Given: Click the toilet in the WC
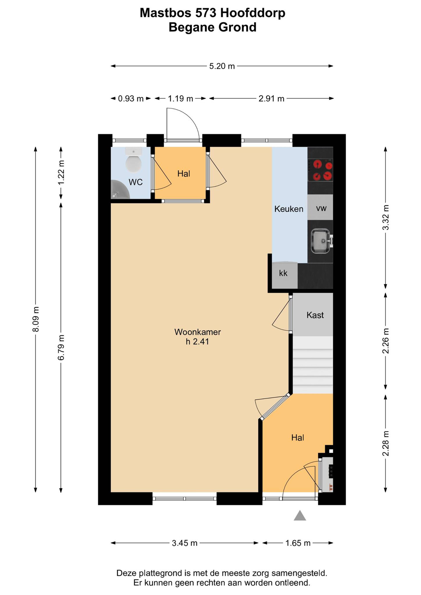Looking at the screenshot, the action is point(134,161).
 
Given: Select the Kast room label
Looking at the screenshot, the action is point(315,315).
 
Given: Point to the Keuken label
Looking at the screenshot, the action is point(289,209).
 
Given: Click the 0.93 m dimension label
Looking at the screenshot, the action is point(131,99).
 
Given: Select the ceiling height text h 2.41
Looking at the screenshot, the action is point(197,342).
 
